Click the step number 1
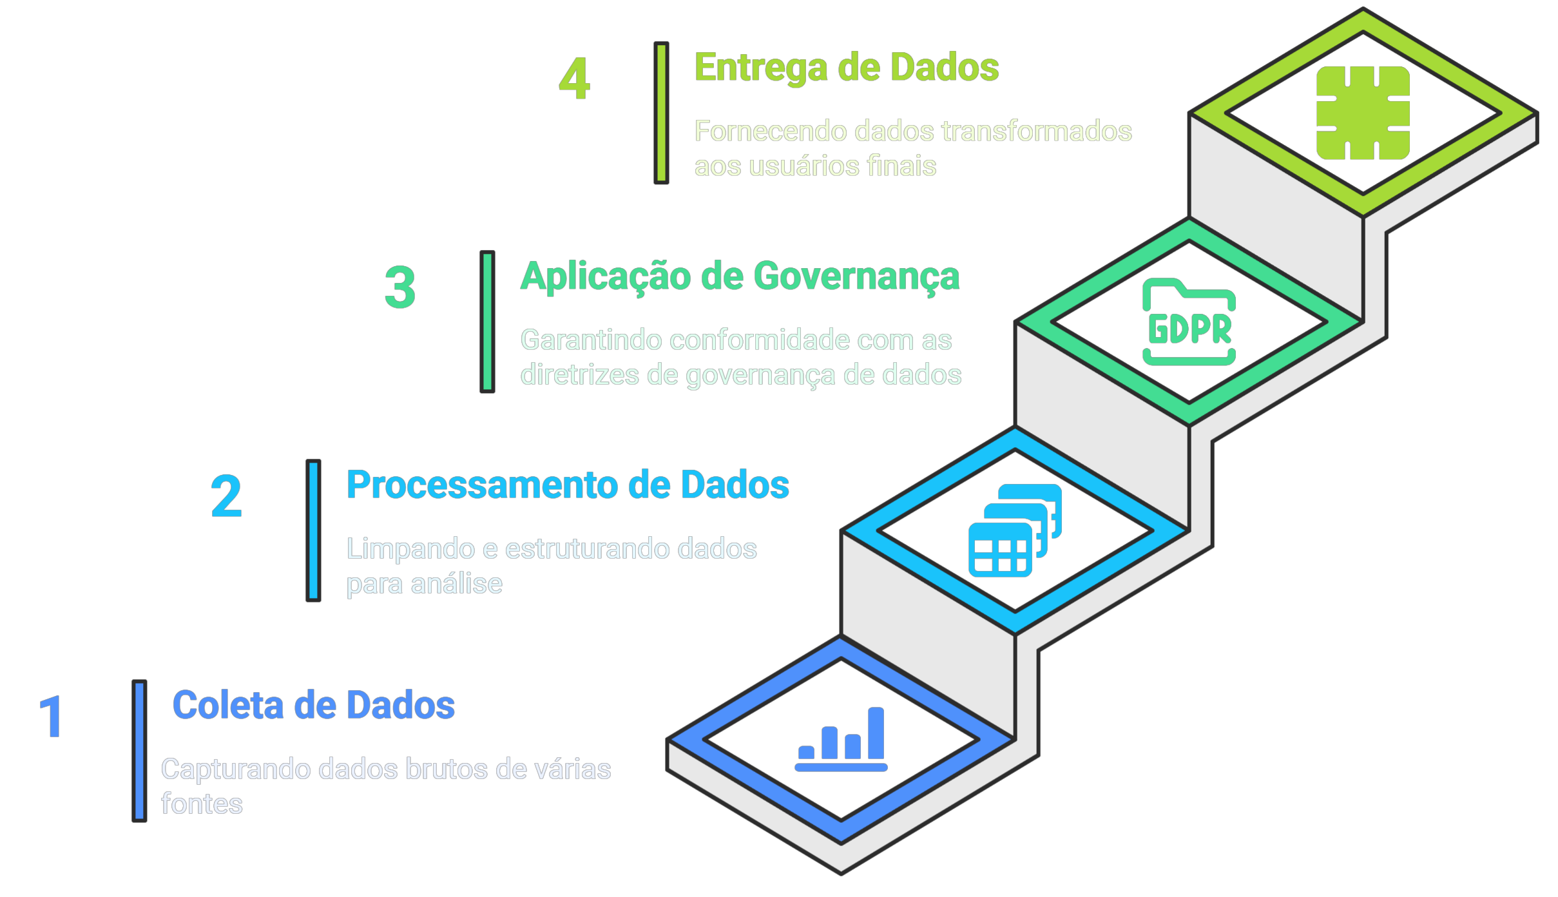click(51, 717)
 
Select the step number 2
click(226, 496)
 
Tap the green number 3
click(399, 287)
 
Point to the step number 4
click(574, 79)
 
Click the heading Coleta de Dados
click(313, 705)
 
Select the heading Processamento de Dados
click(567, 485)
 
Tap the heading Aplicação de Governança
click(740, 276)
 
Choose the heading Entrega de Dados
click(846, 68)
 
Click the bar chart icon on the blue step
click(841, 739)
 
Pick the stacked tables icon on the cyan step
click(1015, 530)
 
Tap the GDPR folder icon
click(1189, 322)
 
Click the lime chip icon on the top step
click(1363, 113)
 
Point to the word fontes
click(202, 804)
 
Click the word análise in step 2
click(456, 584)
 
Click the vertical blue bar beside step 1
click(139, 751)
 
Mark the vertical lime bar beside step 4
click(661, 113)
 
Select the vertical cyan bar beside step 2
click(313, 530)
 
